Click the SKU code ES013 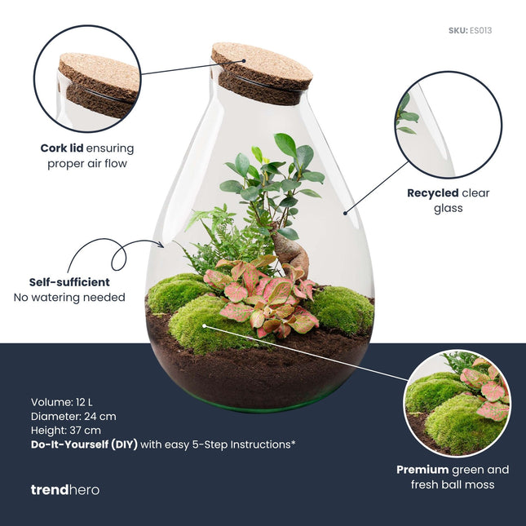481,31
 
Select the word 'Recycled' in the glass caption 432,194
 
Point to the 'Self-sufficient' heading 69,282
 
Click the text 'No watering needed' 69,298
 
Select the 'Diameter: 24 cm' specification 73,416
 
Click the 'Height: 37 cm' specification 66,430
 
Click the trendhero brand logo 64,489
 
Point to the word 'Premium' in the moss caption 422,470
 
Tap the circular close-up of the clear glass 448,125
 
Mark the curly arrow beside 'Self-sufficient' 118,253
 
